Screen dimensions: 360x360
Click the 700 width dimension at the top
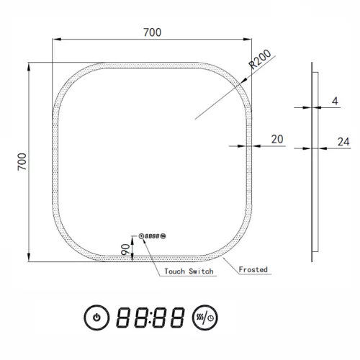point(152,32)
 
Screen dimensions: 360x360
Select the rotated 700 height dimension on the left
point(22,161)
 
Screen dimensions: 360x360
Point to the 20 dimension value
point(276,138)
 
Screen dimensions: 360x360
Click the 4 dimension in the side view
point(335,101)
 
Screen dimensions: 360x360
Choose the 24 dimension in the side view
point(342,142)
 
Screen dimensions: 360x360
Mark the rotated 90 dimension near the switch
point(124,249)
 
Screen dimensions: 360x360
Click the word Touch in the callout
point(177,271)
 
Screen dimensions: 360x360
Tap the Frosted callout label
point(254,269)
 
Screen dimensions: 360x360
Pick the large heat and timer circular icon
point(207,316)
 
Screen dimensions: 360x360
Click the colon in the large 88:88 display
point(152,316)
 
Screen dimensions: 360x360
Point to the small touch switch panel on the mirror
point(151,235)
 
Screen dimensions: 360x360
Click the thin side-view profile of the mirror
point(312,162)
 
